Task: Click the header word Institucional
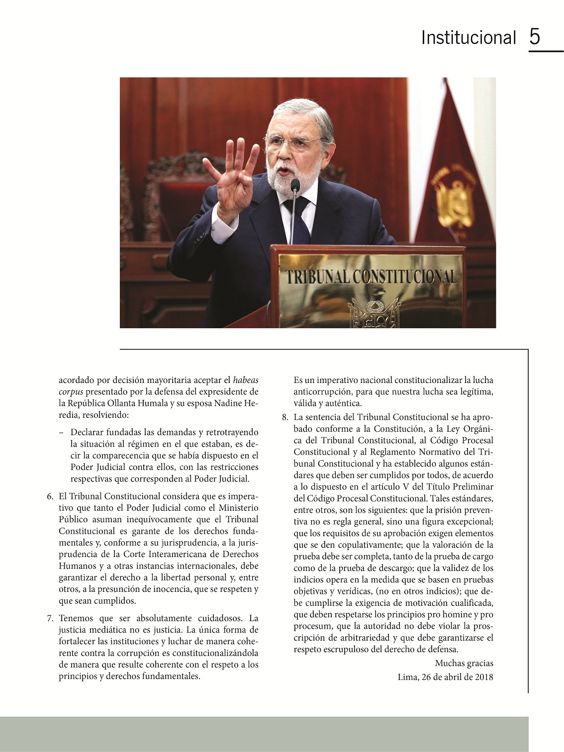tap(469, 38)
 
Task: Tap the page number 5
tap(535, 37)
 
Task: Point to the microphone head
tap(295, 186)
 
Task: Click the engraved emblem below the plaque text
tap(374, 312)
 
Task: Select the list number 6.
tap(50, 496)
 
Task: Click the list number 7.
tap(50, 619)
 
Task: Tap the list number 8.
tap(284, 417)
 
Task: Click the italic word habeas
tap(246, 380)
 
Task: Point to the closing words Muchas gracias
tap(464, 663)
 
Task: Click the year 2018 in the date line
tap(483, 677)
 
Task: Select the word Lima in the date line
tap(407, 677)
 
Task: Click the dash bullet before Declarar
tap(61, 433)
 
